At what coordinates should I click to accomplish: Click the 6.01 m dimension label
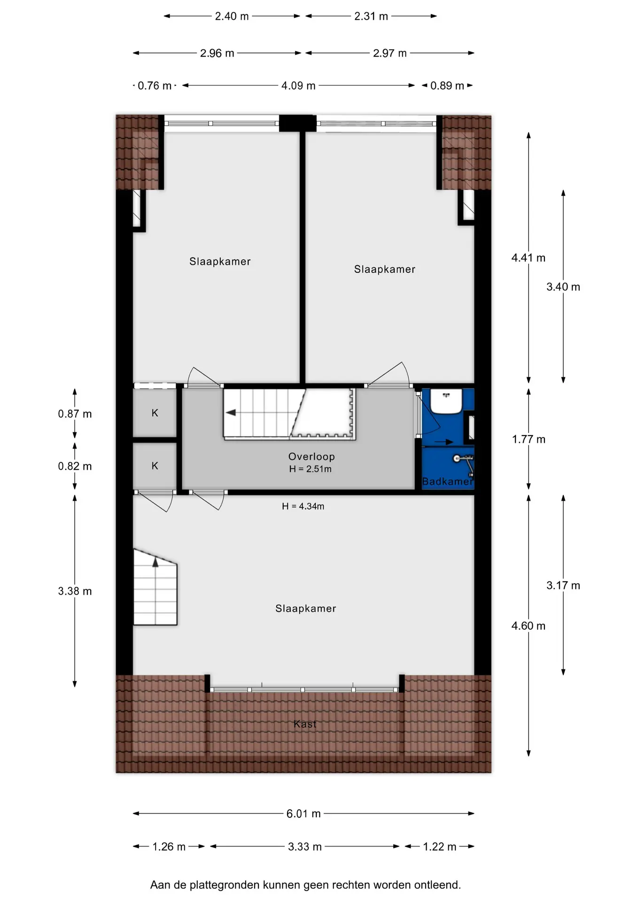click(303, 814)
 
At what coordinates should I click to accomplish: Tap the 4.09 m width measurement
click(298, 86)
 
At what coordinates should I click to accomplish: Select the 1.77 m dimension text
click(529, 439)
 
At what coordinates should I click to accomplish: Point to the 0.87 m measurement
click(75, 414)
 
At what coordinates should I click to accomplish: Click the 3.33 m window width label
click(305, 847)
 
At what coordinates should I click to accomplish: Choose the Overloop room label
click(311, 456)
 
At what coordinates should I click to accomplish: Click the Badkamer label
click(447, 481)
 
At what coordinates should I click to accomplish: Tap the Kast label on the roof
click(305, 724)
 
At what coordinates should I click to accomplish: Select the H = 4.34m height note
click(303, 506)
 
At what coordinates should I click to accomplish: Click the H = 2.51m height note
click(311, 469)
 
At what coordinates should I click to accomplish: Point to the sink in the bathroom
click(446, 401)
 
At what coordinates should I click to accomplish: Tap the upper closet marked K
click(155, 413)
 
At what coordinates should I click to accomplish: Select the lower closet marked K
click(155, 466)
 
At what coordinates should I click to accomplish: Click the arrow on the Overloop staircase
click(231, 412)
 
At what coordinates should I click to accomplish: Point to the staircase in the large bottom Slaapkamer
click(155, 587)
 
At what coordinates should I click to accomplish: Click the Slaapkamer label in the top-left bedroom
click(220, 261)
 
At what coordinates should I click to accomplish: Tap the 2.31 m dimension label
click(371, 16)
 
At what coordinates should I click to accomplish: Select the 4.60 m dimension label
click(529, 626)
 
